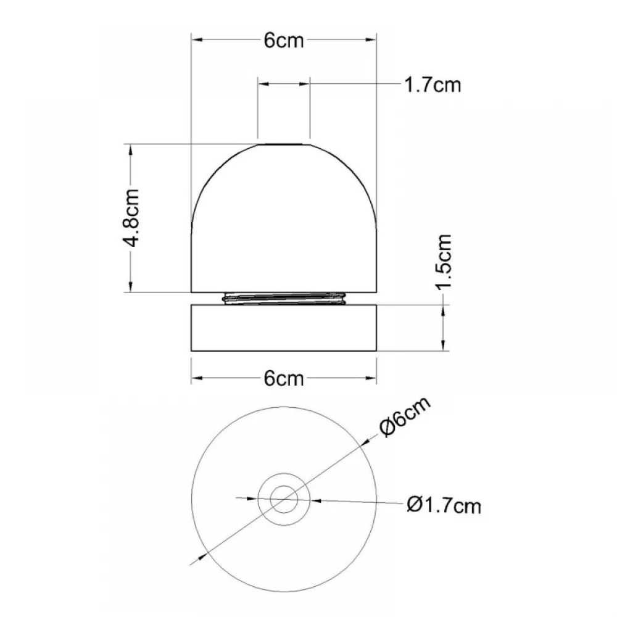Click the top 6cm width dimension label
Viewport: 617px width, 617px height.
tap(284, 40)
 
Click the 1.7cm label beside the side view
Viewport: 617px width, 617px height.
tap(433, 85)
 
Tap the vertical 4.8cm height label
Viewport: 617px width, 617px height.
tap(130, 218)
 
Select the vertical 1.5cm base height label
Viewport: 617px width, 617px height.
tap(444, 262)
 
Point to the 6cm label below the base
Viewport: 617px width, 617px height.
tap(284, 379)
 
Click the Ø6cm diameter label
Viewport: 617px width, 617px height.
tap(405, 416)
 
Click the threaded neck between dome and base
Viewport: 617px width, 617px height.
tap(284, 299)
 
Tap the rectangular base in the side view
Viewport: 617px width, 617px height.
tap(284, 328)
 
